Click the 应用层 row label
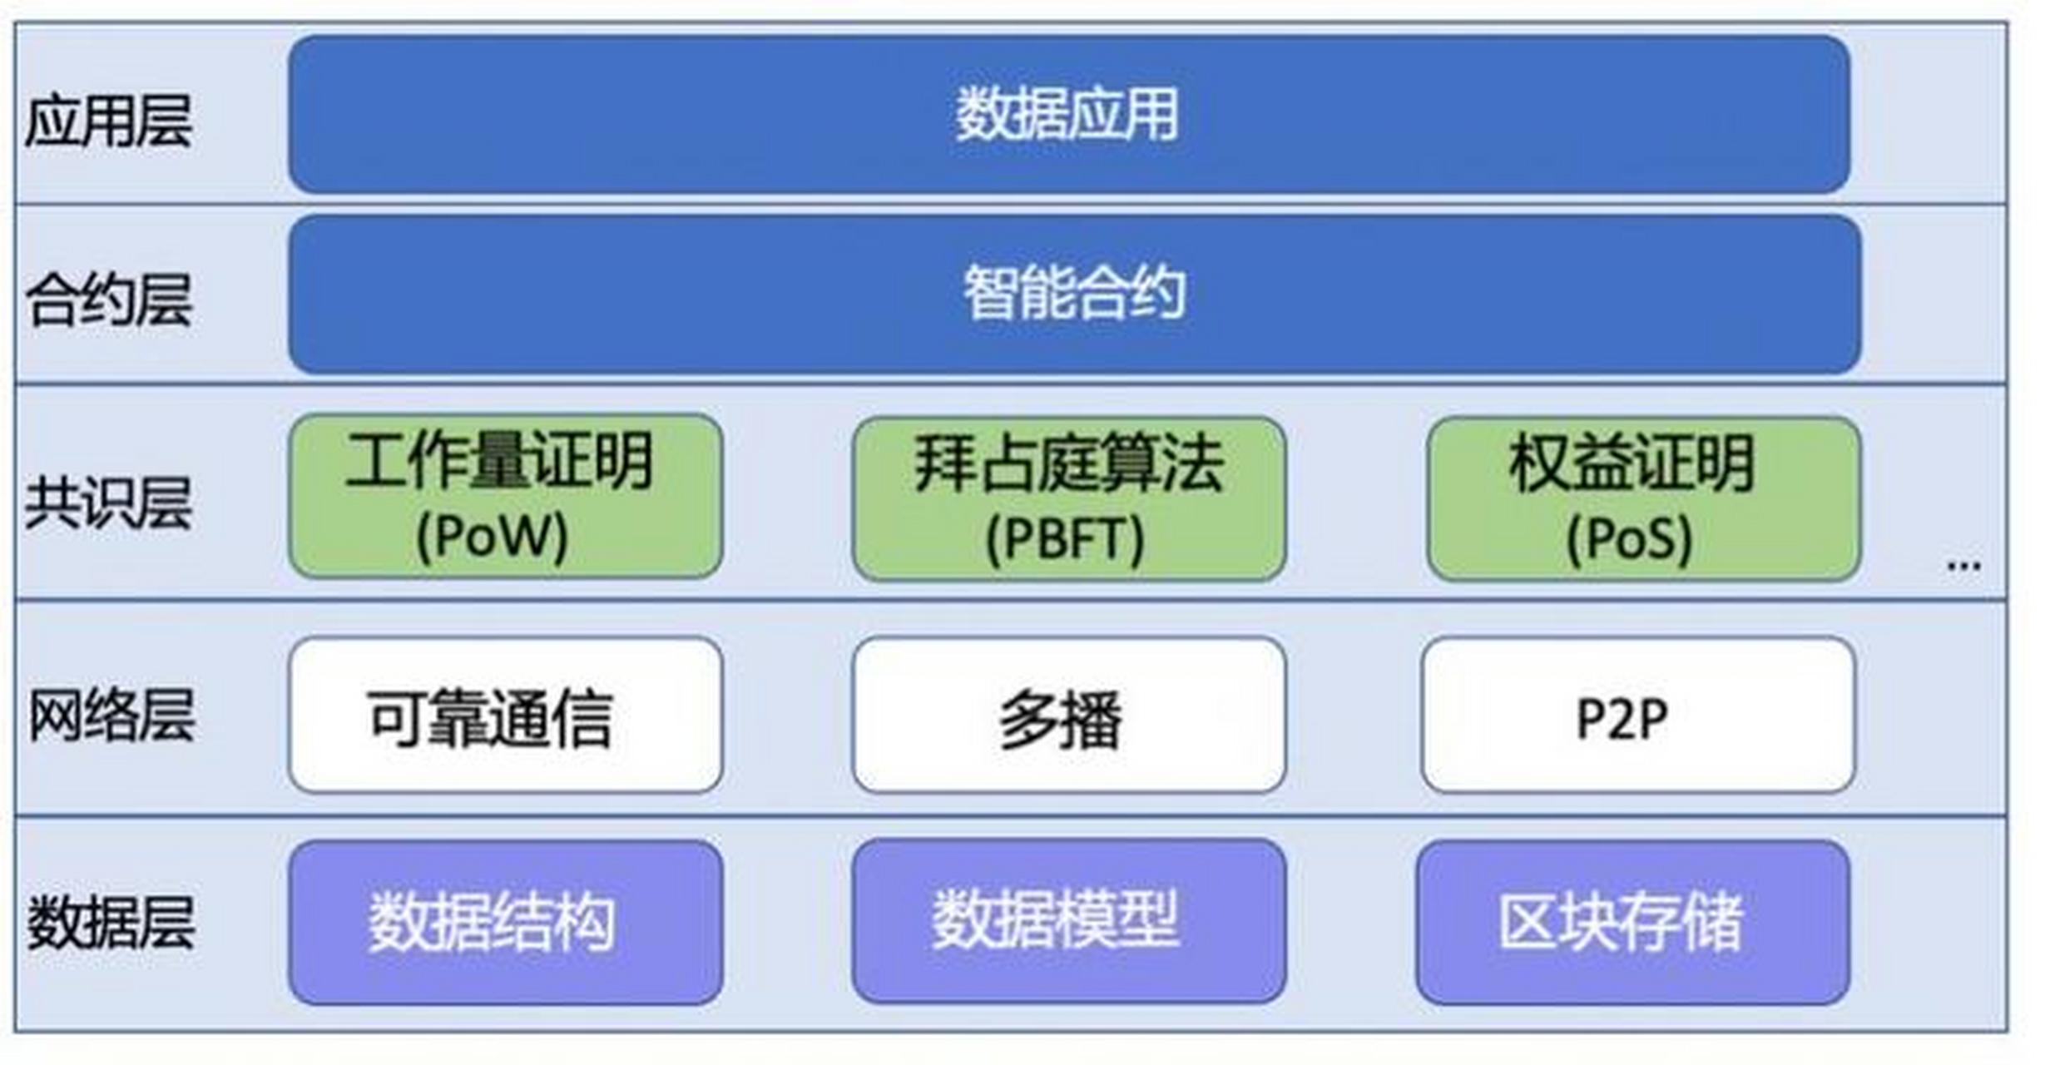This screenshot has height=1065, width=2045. coord(109,121)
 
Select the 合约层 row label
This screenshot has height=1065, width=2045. coord(109,300)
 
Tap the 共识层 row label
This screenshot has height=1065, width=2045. coord(109,503)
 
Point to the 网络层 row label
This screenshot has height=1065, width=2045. coord(111,716)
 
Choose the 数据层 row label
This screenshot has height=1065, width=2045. coord(111,922)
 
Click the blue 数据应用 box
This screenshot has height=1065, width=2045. coord(1068,115)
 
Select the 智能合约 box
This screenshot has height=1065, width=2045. coord(1073,294)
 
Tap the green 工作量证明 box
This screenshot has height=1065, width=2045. coord(505,498)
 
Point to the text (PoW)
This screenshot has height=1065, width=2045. coord(492,537)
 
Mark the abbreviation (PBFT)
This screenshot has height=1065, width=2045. coord(1065,538)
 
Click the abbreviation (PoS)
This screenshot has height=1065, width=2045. coord(1629,538)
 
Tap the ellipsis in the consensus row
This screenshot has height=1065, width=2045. coord(1963,567)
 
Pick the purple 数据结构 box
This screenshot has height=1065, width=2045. coord(505,922)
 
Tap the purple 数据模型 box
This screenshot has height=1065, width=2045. coord(1068,920)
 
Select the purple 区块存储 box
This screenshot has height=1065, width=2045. coord(1632,922)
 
